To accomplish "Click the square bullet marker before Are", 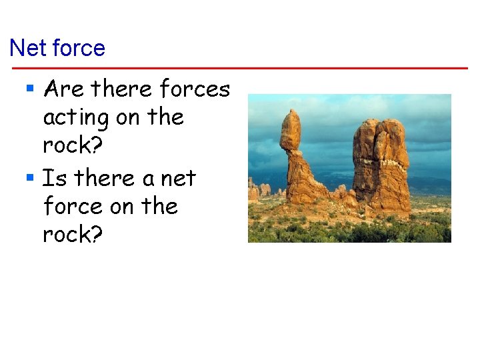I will [30, 88].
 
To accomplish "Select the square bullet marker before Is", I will [30, 178].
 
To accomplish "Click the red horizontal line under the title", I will [240, 68].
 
